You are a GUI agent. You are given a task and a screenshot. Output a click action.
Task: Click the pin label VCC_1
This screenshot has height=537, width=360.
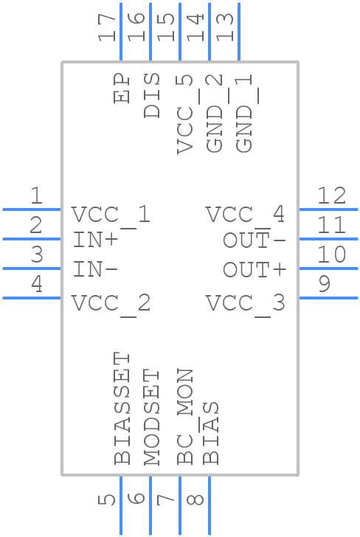pos(111,215)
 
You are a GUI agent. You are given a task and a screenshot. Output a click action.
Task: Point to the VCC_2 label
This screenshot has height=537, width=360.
pos(111,303)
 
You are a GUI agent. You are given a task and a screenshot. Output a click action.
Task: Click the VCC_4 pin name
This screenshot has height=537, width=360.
pos(245,215)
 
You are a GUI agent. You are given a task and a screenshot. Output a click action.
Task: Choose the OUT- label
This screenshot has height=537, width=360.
pos(255,240)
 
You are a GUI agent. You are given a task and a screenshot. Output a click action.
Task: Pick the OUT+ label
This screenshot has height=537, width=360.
pos(255,270)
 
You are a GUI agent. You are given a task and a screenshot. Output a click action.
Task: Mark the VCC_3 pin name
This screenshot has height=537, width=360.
pos(245,303)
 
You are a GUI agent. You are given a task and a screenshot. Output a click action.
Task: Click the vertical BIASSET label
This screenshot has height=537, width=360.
pos(122,408)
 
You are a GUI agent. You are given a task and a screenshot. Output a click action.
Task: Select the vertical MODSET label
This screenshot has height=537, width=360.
pos(151,418)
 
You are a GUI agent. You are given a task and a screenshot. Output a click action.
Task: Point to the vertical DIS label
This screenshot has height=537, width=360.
pos(151,96)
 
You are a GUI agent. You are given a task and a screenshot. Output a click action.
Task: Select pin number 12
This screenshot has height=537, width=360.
pos(331,196)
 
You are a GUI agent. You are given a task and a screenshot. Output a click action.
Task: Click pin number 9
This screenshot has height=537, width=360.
pos(325,284)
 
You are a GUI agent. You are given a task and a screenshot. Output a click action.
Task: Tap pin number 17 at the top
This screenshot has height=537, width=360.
pos(108,28)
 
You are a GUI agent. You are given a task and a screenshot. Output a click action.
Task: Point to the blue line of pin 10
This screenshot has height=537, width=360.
pos(328,268)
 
